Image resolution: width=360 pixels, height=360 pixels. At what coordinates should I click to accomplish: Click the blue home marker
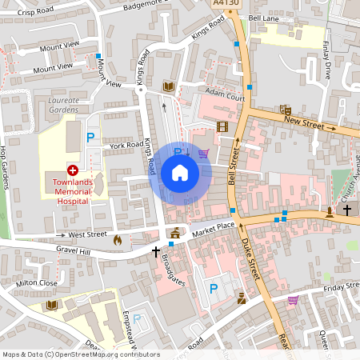pos(180,173)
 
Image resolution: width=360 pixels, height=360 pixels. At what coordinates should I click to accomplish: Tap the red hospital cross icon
pos(73,170)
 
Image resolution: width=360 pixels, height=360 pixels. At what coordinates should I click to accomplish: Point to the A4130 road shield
pos(226,4)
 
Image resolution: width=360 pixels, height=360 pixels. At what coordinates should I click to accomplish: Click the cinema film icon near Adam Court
pos(222,126)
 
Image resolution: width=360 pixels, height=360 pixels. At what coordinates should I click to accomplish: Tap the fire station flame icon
pos(118,238)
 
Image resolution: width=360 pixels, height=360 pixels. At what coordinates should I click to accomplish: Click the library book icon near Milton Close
pos(52,305)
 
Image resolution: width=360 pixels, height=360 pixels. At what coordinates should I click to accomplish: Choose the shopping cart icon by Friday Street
pos(293,301)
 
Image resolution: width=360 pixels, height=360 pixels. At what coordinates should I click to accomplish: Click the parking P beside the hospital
pos(91,138)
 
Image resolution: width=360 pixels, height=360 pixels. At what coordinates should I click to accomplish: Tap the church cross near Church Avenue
pos(347,210)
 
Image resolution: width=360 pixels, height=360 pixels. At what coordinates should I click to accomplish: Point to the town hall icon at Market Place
pos(175,233)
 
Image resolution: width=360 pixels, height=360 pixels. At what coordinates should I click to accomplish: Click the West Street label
pos(87,235)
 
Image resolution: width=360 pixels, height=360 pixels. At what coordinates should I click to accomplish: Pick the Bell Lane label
pos(263,18)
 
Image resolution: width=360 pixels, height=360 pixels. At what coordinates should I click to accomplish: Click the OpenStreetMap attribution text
pos(81,354)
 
